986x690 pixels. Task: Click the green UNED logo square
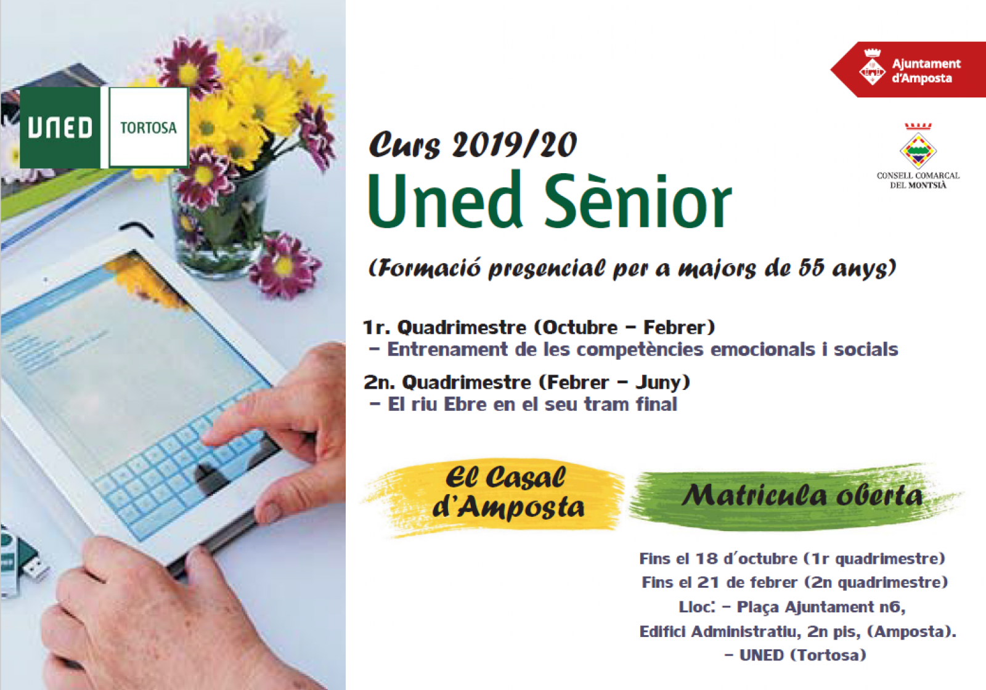pos(60,128)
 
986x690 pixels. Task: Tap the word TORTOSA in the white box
pos(149,128)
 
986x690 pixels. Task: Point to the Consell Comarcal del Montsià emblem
pos(918,147)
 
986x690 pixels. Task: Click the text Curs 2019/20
pos(473,145)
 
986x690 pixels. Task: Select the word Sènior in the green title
pos(638,201)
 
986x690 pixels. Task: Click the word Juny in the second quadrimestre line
pos(658,383)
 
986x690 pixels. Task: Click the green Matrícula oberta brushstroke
pos(797,497)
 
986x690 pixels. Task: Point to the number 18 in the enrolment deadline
pos(707,559)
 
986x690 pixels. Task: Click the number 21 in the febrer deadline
pos(709,583)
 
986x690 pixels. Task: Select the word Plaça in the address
pos(758,607)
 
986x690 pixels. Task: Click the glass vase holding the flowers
pos(218,224)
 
